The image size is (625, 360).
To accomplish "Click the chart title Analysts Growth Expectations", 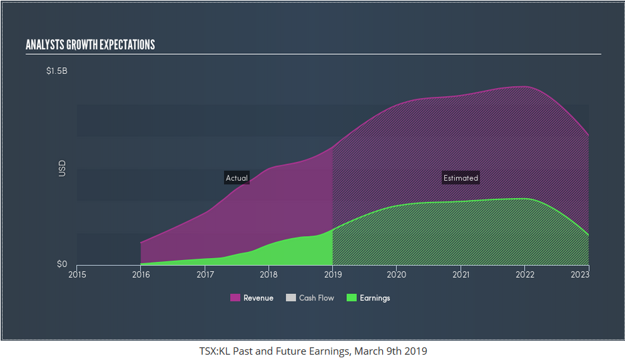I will click(90, 45).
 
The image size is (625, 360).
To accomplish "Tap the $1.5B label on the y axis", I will click(57, 71).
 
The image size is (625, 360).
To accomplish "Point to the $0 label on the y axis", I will click(61, 265).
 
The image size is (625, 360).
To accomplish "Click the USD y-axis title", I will click(62, 167).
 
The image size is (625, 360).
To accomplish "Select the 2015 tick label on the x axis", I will click(77, 274).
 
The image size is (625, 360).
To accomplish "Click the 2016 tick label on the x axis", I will click(141, 274).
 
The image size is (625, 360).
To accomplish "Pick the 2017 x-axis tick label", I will click(205, 274).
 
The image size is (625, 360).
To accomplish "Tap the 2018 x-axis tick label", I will click(269, 274).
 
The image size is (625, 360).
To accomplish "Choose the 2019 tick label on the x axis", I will click(333, 274).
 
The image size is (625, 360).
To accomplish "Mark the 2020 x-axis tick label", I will click(397, 274).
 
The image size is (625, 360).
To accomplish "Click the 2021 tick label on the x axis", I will click(461, 274).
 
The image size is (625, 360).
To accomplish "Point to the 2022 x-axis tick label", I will click(525, 274).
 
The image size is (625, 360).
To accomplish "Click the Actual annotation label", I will click(237, 178).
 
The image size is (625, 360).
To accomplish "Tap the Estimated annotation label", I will click(461, 178).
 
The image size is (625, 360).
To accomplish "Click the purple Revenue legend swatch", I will click(235, 298).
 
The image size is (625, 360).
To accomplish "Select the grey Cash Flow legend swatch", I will click(291, 298).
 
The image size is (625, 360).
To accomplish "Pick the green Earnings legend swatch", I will click(352, 298).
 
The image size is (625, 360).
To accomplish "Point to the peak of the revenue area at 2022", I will click(525, 86).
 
